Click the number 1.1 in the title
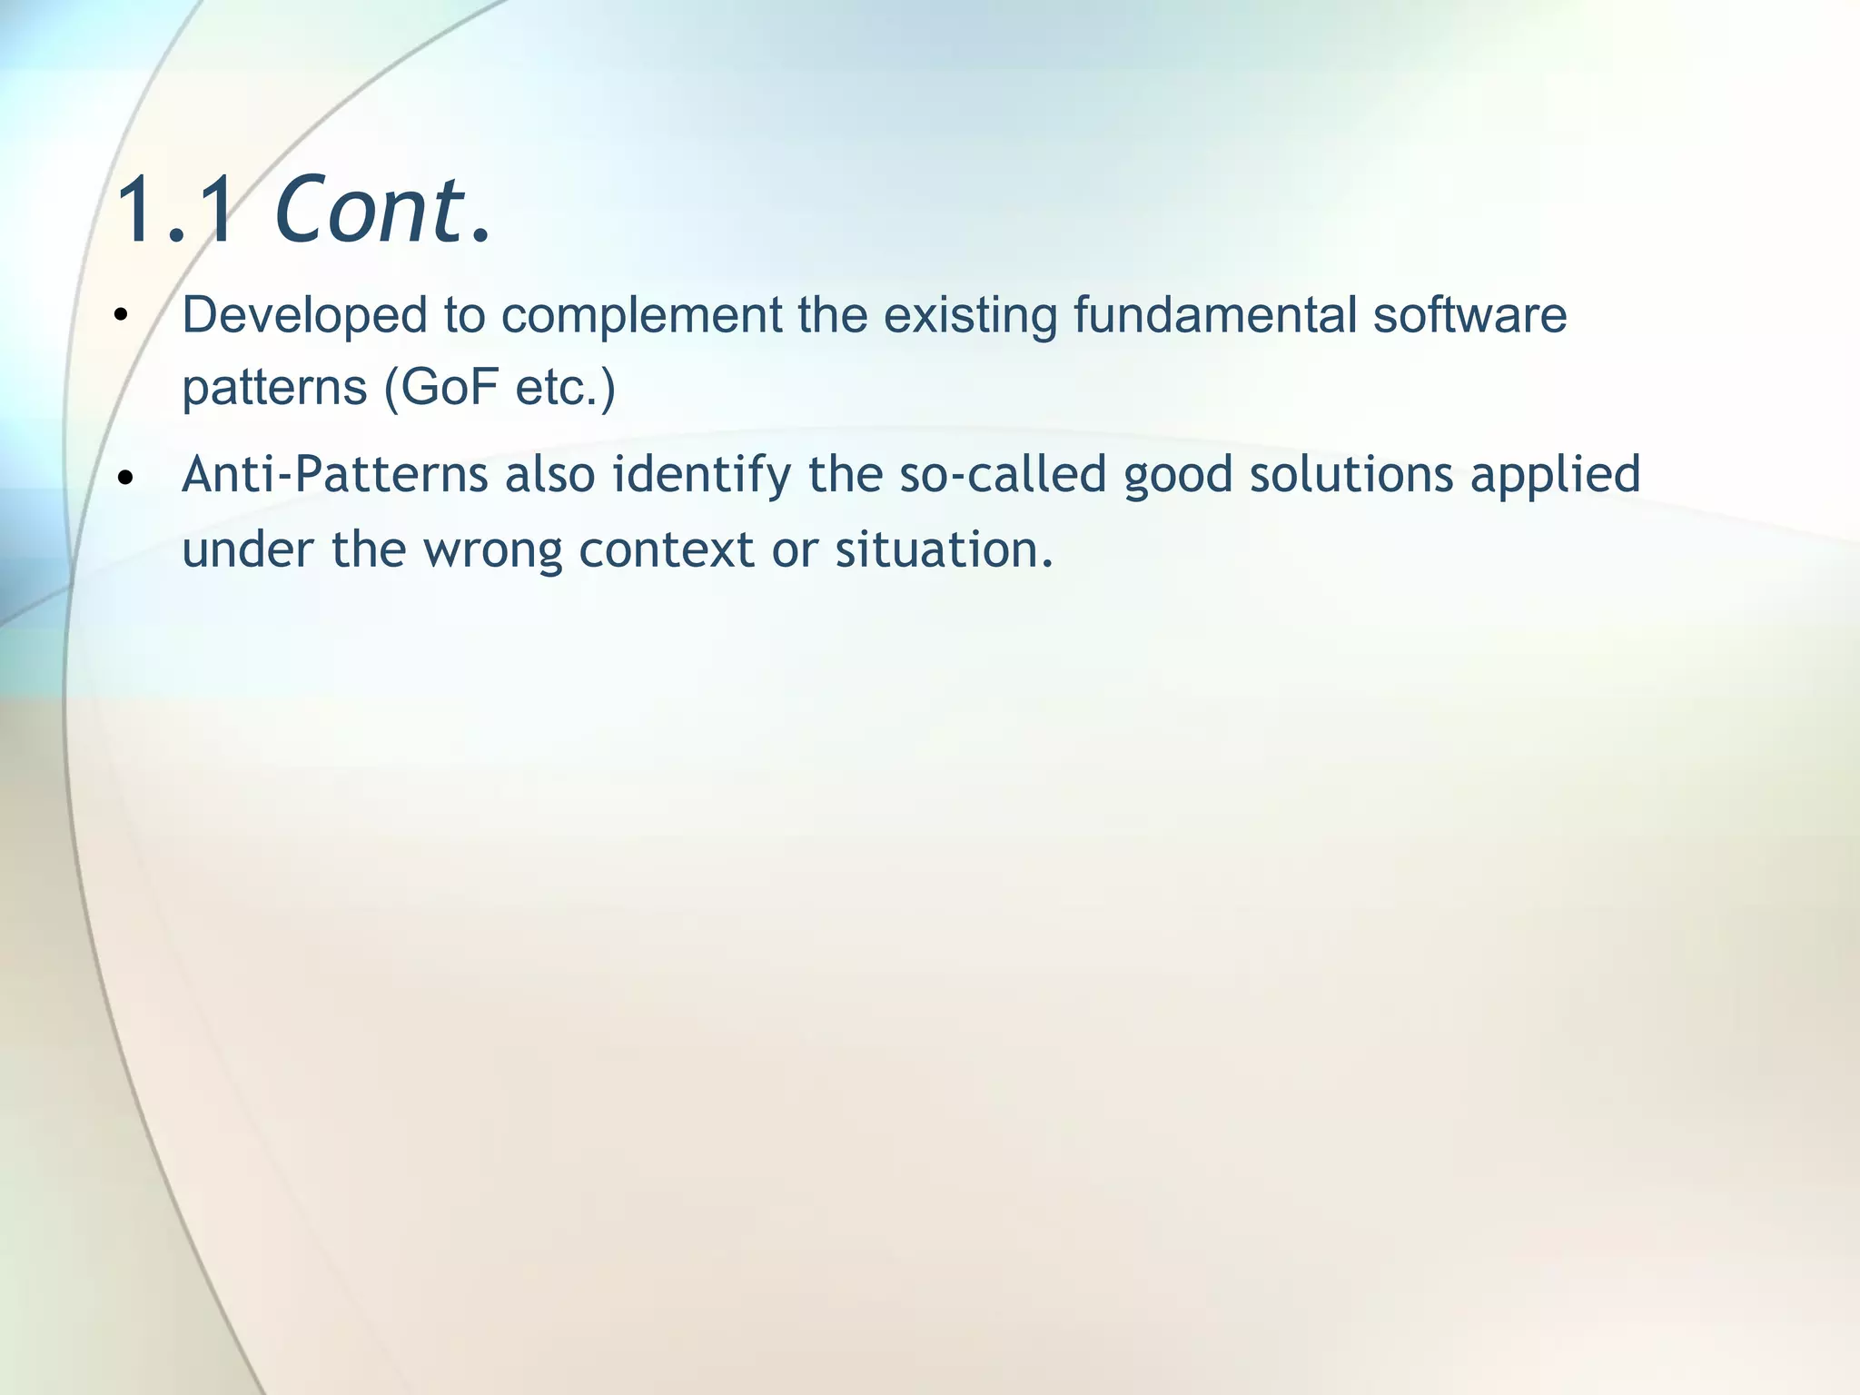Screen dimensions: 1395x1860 tap(176, 211)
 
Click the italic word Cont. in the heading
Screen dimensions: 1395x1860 tap(381, 211)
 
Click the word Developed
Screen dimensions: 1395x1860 tap(304, 315)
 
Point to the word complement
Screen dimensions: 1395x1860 tap(641, 317)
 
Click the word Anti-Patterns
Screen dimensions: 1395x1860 tap(334, 475)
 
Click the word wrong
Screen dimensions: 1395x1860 tap(491, 551)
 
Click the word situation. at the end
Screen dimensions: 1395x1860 tap(945, 549)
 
